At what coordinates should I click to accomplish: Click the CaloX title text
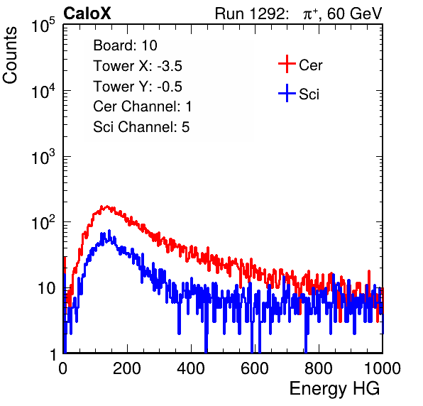[87, 13]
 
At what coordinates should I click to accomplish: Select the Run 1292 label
[250, 13]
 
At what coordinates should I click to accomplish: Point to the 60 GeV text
[354, 13]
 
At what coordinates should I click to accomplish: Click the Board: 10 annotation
[125, 45]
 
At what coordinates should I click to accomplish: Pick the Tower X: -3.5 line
[138, 66]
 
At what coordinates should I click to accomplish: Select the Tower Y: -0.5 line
[138, 87]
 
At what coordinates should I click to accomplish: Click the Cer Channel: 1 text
[143, 106]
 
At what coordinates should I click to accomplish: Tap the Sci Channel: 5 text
[141, 127]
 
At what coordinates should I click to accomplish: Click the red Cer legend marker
[287, 64]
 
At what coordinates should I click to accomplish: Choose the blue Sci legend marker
[287, 94]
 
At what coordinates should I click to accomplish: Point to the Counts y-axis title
[10, 55]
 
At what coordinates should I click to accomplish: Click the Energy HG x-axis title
[334, 389]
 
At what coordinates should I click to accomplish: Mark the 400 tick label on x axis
[191, 368]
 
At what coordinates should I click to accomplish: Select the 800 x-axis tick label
[319, 368]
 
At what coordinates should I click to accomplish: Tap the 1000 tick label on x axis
[383, 368]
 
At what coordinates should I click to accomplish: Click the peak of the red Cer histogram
[107, 207]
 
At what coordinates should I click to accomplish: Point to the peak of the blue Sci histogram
[109, 231]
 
